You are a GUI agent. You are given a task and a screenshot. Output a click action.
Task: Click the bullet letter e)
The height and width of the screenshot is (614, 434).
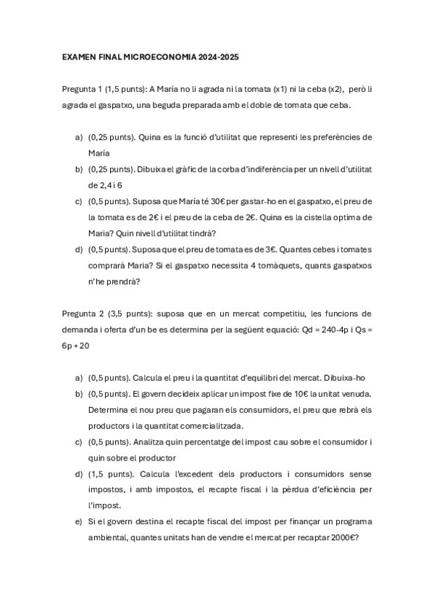pyautogui.click(x=78, y=521)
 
